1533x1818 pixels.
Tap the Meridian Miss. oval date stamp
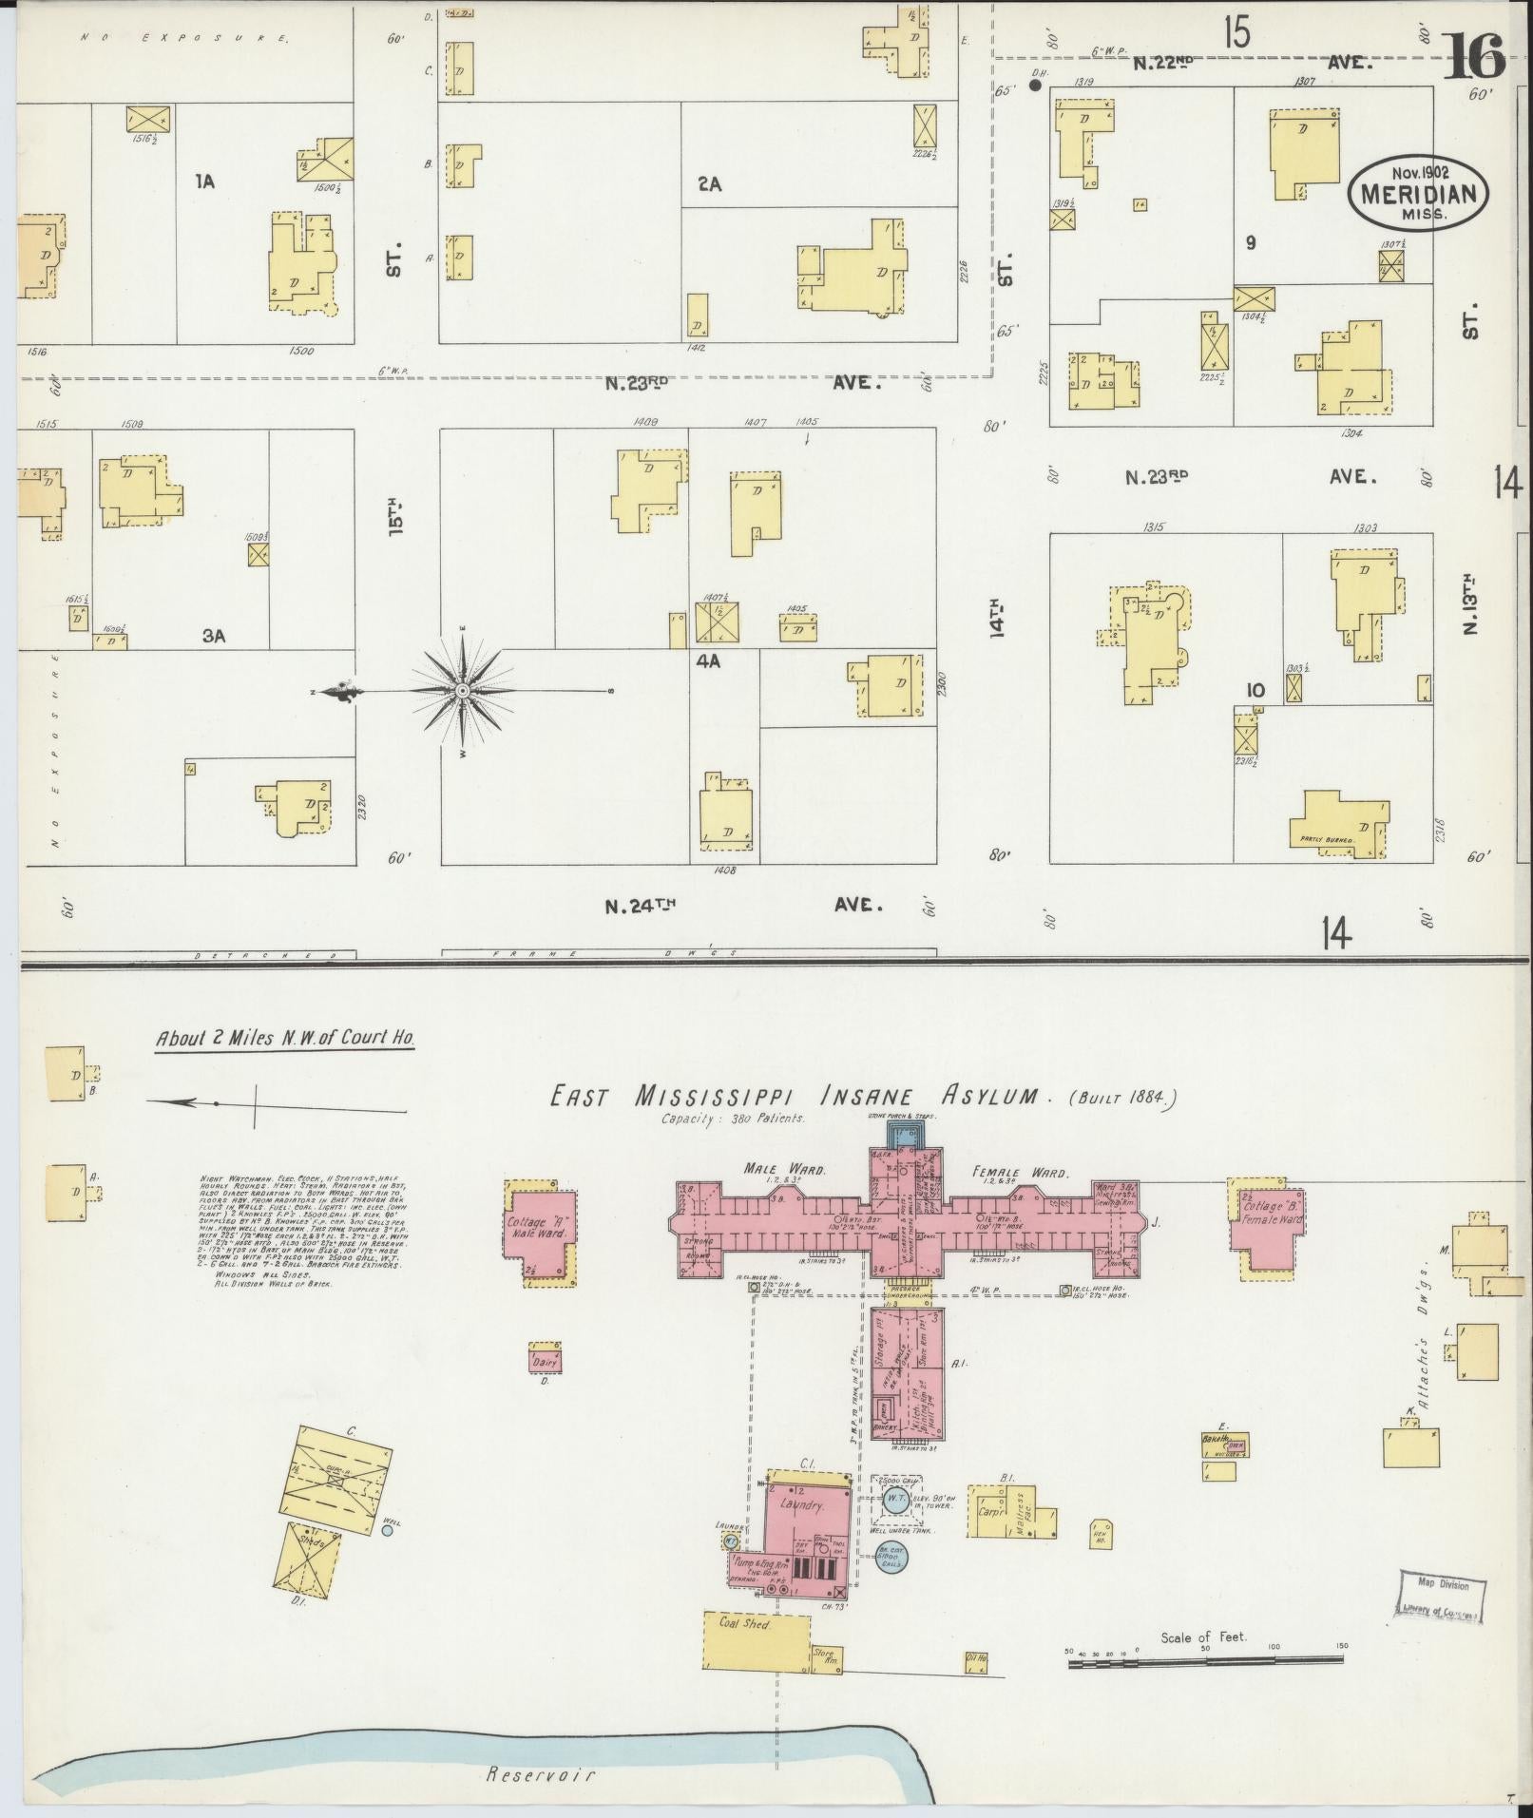(1417, 192)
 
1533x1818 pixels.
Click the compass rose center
(463, 691)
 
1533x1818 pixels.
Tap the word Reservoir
(541, 1774)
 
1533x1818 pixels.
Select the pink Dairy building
(545, 1361)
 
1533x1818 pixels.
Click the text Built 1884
(1125, 1098)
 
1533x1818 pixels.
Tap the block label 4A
(708, 661)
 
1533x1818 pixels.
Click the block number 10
(1255, 690)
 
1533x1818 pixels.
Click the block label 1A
(204, 181)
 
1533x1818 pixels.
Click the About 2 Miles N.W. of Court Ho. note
(285, 1039)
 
